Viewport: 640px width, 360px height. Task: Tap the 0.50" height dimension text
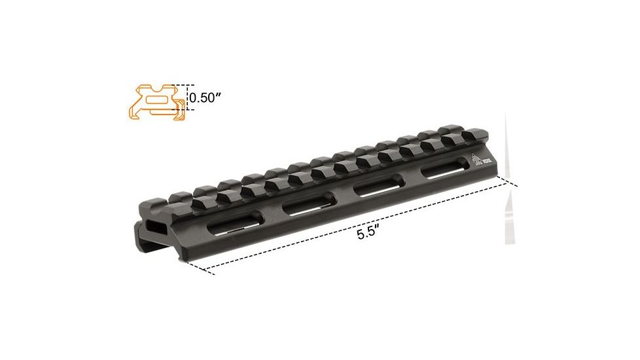pos(205,99)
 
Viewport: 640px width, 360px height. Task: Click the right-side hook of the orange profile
pos(180,115)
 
